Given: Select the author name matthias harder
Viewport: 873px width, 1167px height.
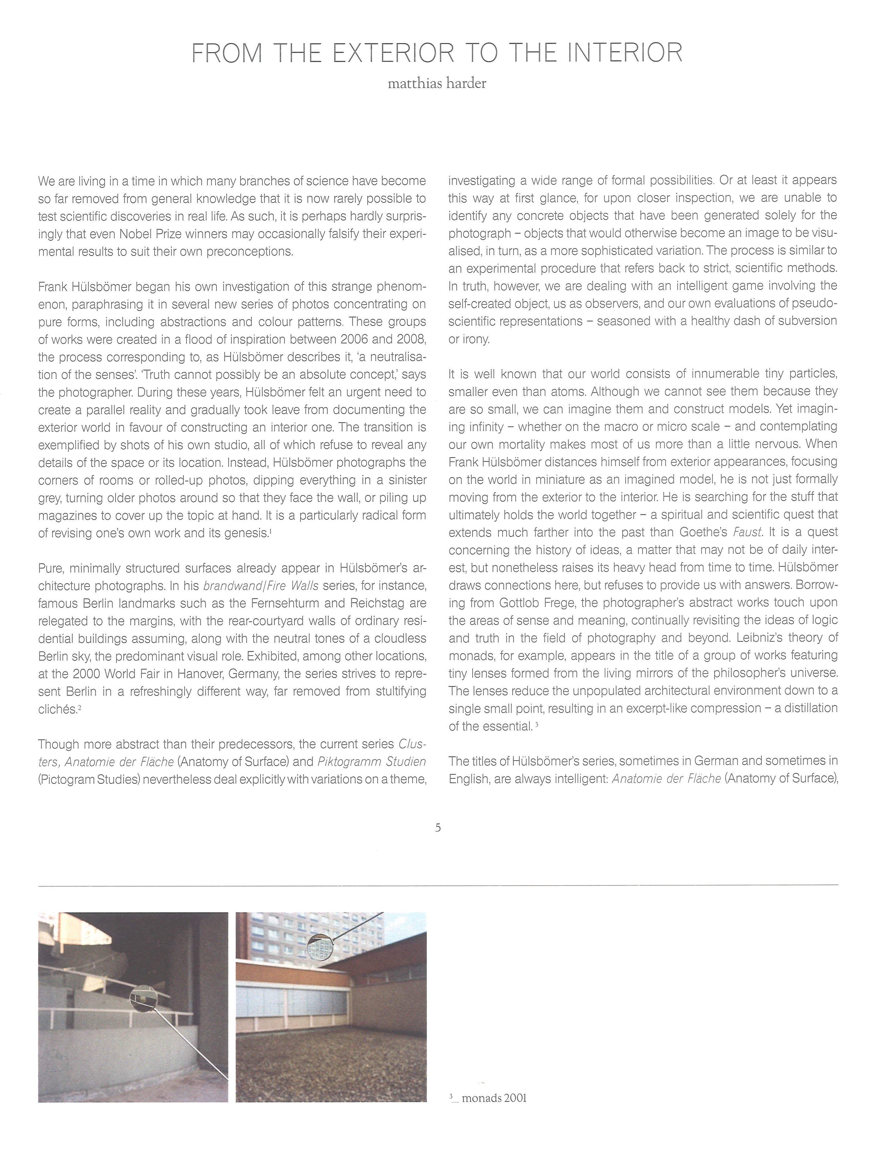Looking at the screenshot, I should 437,83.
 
